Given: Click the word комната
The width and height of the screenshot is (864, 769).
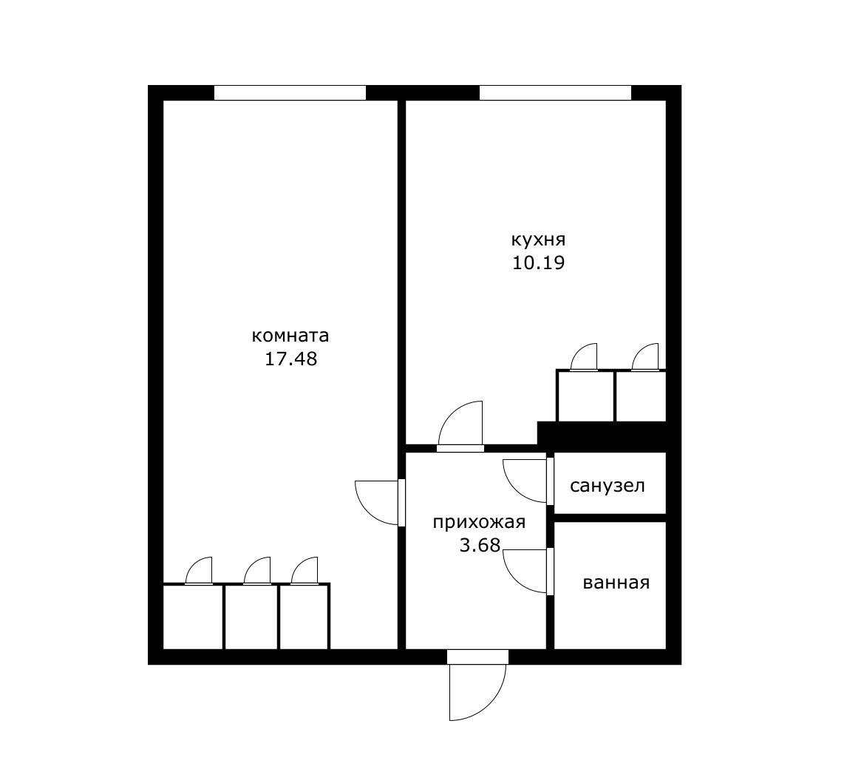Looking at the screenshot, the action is (290, 336).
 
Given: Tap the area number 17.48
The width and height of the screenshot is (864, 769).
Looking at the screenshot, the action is (291, 359).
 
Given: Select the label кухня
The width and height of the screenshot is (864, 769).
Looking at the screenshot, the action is (538, 240).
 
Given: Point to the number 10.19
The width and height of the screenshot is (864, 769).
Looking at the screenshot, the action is (538, 263).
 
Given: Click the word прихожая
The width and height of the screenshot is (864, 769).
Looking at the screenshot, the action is (479, 522).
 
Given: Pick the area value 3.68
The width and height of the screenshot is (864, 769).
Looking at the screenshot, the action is (480, 545).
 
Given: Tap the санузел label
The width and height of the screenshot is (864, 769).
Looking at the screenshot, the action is (608, 486).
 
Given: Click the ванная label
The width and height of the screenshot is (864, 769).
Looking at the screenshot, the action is (616, 583).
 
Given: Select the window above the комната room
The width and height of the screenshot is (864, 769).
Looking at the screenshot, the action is (290, 92).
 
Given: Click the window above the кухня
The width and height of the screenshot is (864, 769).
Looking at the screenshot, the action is (555, 92).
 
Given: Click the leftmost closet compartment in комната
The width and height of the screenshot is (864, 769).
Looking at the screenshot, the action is (194, 617).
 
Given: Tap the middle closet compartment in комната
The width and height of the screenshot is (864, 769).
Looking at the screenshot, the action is (251, 617).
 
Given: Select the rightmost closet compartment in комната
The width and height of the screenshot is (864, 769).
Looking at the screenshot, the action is (305, 617).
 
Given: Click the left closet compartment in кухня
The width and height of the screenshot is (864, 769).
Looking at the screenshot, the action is (586, 396).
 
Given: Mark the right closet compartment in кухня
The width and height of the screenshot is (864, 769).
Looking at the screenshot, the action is (641, 396).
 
